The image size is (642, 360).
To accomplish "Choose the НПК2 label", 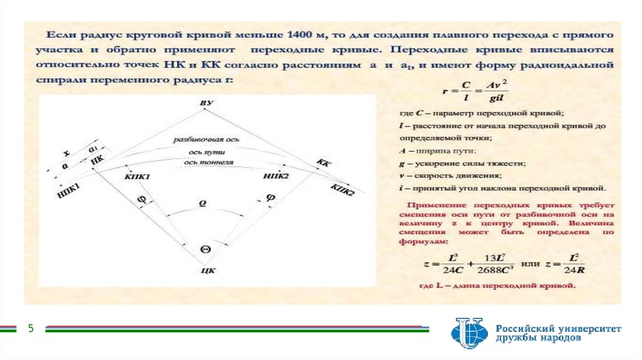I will tap(276, 177).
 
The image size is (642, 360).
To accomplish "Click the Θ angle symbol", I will tap(205, 248).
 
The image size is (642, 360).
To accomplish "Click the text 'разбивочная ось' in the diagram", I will tap(206, 141).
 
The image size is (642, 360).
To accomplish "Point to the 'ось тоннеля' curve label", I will tap(209, 162).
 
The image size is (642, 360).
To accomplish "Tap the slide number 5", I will tap(29, 328).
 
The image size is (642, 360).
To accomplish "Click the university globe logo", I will tap(468, 332).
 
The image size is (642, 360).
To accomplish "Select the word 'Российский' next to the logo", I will tap(525, 327).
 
